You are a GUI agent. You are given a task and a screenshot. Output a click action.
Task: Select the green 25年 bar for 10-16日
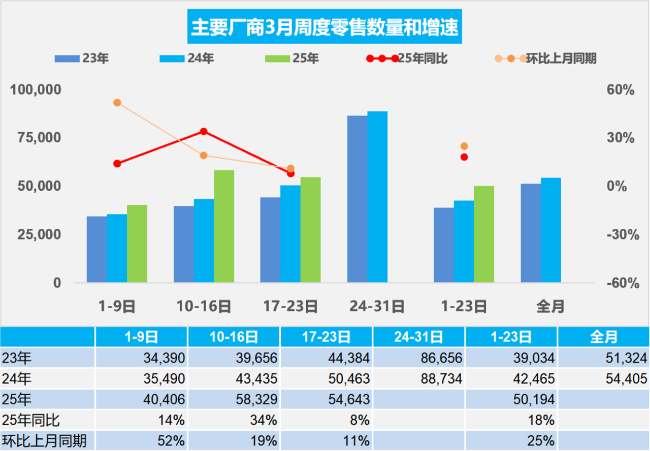224,226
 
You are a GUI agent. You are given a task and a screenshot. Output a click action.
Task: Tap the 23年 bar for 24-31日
357,199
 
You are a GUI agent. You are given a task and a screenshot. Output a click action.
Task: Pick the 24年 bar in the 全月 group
551,230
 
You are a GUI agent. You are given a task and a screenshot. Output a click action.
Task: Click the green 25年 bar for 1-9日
137,244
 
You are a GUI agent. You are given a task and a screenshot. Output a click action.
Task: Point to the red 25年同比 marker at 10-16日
204,132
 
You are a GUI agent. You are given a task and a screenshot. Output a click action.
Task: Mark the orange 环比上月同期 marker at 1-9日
117,103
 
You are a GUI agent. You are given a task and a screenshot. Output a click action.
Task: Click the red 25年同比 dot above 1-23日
464,157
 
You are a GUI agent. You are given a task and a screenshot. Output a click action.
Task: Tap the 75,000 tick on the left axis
36,138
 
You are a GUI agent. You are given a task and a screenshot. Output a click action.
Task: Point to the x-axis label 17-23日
290,307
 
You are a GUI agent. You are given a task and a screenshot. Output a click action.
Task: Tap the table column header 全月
604,337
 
